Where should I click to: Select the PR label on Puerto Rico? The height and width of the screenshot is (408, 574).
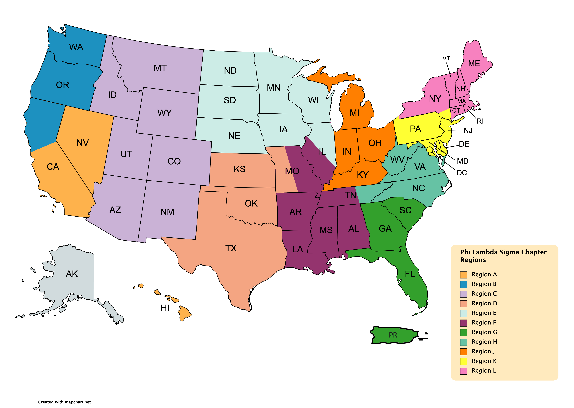393,335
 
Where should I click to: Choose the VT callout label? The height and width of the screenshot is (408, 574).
446,59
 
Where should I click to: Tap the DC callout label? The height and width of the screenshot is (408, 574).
462,173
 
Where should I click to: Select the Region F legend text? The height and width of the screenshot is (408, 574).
484,323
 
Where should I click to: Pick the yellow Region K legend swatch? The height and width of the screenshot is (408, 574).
464,361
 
